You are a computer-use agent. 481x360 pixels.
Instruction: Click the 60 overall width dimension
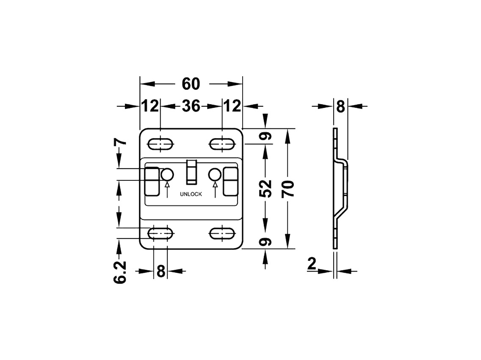click(191, 84)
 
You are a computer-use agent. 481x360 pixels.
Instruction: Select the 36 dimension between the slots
click(191, 106)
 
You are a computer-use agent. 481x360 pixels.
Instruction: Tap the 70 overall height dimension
click(288, 188)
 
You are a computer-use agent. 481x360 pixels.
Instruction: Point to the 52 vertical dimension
click(265, 188)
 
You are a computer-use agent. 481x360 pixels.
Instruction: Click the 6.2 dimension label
click(120, 272)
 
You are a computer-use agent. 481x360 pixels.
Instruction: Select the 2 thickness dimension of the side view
click(312, 265)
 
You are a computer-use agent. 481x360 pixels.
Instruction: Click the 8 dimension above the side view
click(340, 106)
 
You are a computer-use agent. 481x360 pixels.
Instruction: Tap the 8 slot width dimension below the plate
click(160, 271)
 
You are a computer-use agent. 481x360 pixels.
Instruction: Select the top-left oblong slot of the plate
click(160, 144)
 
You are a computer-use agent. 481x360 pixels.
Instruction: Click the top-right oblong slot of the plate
click(222, 144)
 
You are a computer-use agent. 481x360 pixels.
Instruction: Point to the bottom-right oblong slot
click(222, 233)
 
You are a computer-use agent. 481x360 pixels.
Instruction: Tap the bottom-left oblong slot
click(160, 233)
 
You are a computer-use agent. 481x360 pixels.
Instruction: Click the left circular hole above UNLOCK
click(167, 174)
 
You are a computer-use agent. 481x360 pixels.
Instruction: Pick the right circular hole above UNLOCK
click(215, 174)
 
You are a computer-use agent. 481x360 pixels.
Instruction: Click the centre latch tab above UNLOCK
click(191, 172)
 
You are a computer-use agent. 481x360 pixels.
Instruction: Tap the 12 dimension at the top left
click(150, 106)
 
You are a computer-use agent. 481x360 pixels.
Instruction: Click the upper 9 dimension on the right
click(265, 136)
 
